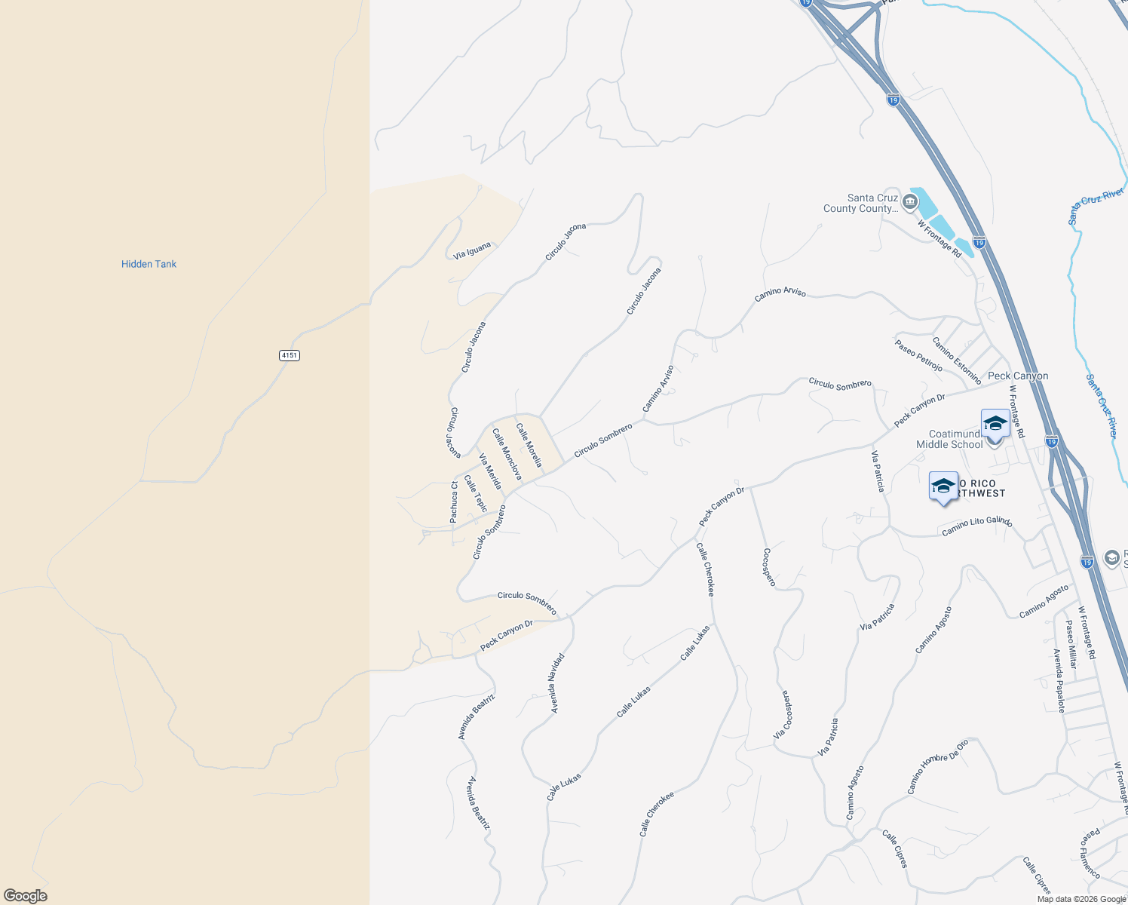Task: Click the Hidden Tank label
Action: [x=149, y=264]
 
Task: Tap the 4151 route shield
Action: [x=290, y=355]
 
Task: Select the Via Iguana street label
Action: [x=472, y=250]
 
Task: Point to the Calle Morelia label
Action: [x=529, y=445]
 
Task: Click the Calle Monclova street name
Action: [x=507, y=454]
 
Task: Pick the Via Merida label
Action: [x=490, y=471]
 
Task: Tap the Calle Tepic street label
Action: [x=475, y=494]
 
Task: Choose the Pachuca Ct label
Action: [x=454, y=502]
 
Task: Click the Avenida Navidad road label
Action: [x=556, y=683]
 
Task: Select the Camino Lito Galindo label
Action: [x=976, y=526]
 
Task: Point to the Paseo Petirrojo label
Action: [x=918, y=355]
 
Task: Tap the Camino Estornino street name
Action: [x=956, y=360]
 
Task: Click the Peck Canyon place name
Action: [x=1017, y=376]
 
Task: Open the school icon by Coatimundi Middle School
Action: [x=995, y=425]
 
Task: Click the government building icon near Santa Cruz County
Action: [x=909, y=201]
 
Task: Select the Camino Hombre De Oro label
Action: [x=936, y=767]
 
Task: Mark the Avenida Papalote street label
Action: [x=1059, y=680]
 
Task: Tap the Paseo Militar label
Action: [x=1071, y=644]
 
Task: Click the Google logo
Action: [x=26, y=896]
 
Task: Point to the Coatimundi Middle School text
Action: [x=949, y=439]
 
